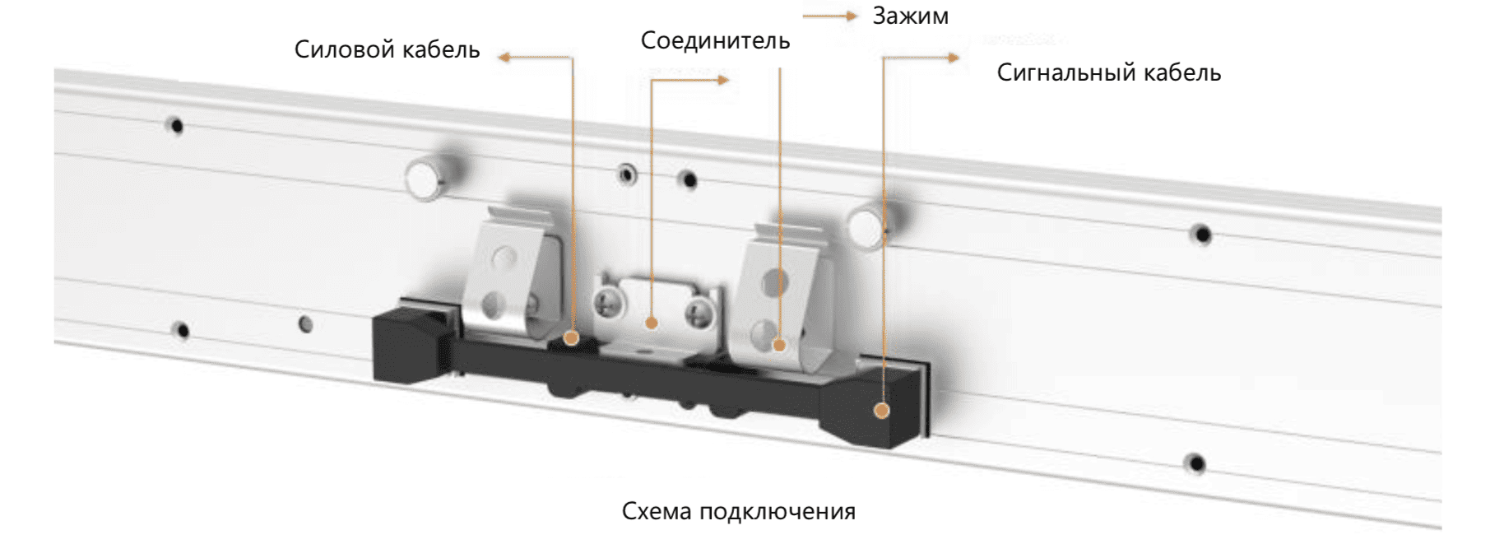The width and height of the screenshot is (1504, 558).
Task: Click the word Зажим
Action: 910,16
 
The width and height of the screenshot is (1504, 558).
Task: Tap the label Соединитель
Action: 715,40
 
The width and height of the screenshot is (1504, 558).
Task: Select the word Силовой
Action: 335,49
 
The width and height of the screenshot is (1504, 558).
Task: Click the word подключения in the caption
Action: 778,512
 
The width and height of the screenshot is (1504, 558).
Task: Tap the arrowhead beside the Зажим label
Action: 852,16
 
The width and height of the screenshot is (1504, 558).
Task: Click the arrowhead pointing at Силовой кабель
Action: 504,57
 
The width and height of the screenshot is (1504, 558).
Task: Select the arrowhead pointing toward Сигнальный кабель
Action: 953,58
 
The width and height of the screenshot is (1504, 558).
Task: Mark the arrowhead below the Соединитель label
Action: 723,80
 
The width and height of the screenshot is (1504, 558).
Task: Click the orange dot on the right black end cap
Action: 882,410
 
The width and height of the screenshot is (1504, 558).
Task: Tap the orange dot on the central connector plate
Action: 652,323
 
